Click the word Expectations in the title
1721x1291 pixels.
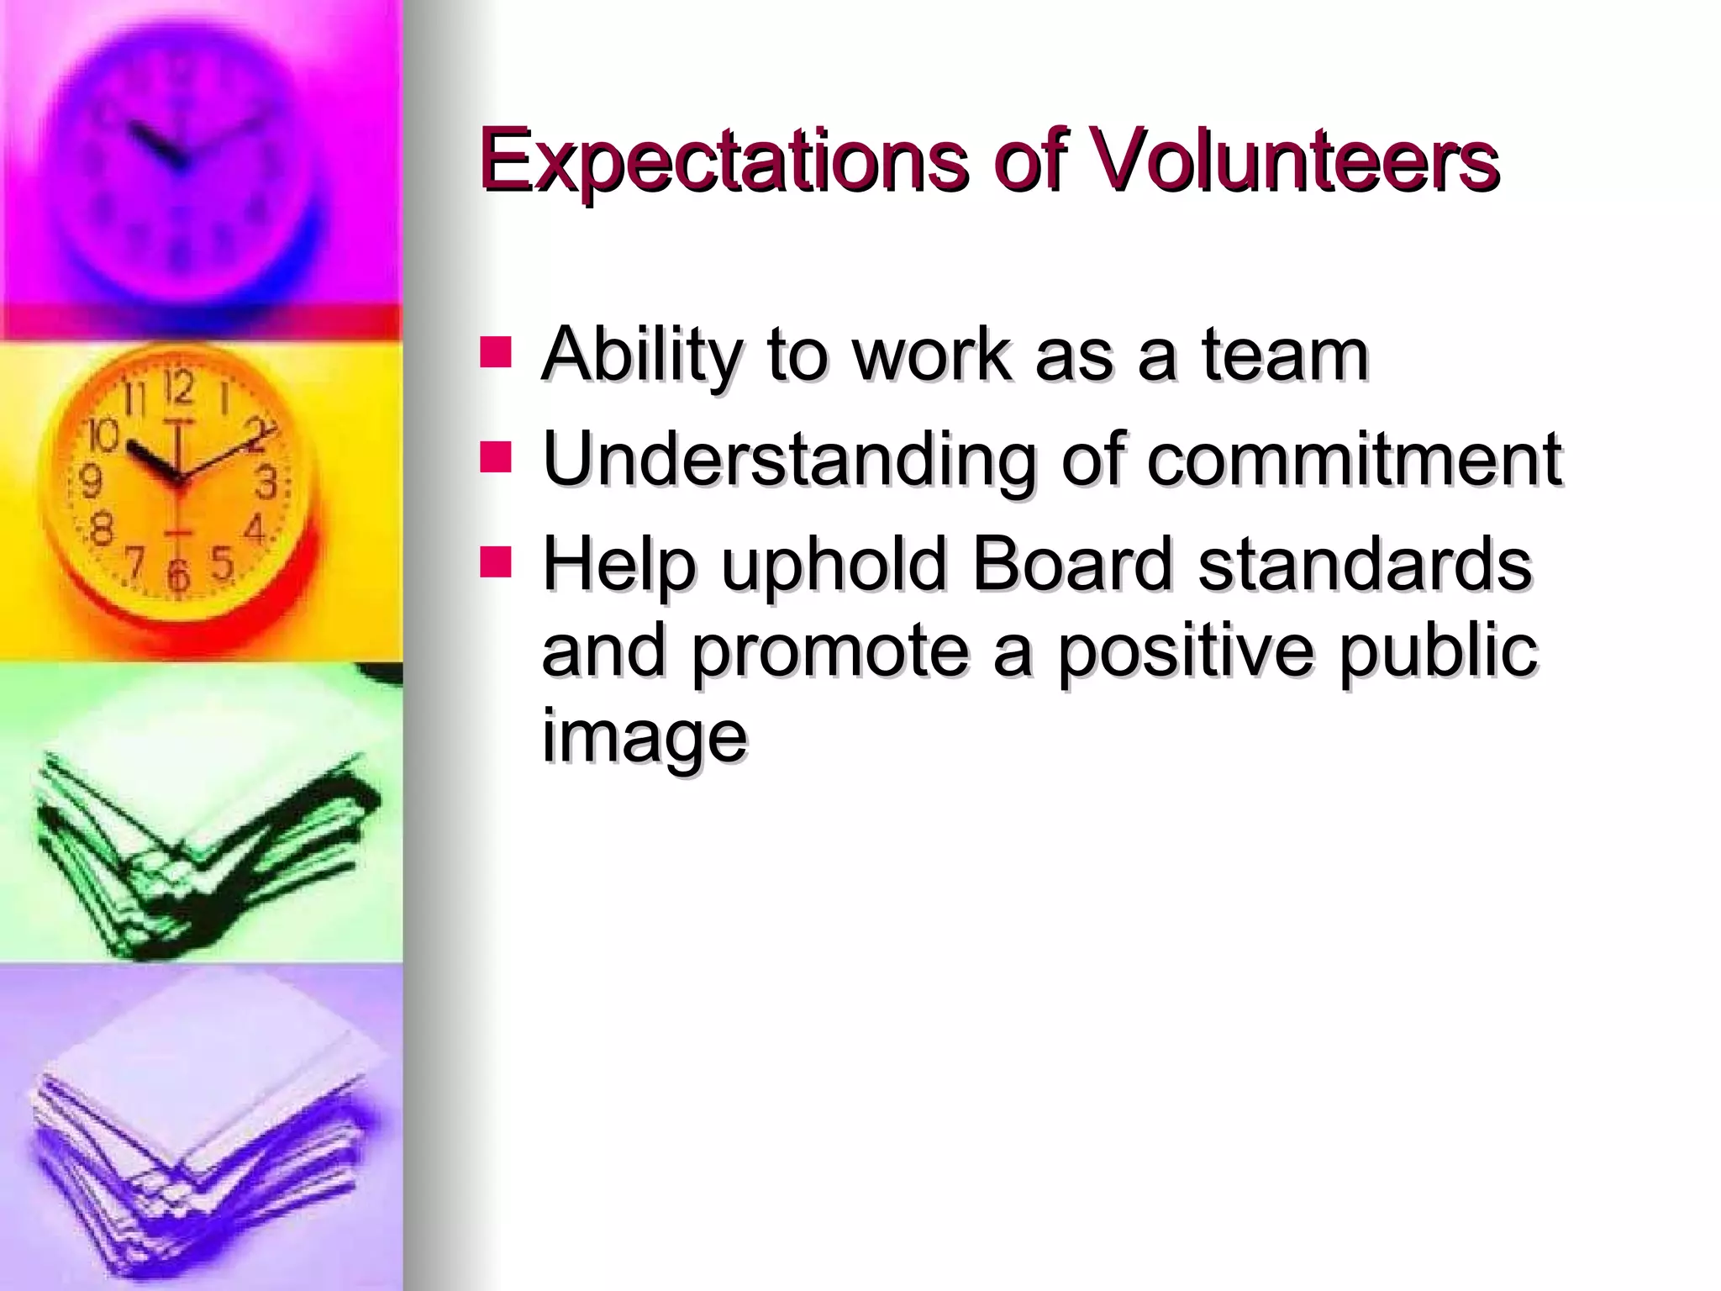click(x=723, y=160)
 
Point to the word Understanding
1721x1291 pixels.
click(x=788, y=461)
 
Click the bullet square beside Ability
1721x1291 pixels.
click(x=495, y=353)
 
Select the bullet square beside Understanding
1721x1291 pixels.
click(x=495, y=457)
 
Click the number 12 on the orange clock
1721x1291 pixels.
click(x=178, y=387)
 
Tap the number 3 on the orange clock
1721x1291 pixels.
click(x=266, y=483)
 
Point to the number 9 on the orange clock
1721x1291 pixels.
click(x=91, y=482)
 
